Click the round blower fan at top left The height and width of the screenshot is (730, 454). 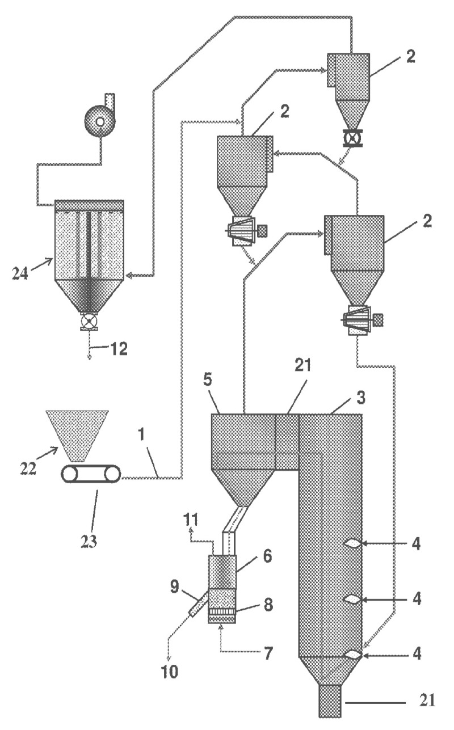coord(100,121)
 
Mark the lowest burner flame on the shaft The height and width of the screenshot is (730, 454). coord(352,655)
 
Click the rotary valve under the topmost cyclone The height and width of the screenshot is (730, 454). coord(348,138)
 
